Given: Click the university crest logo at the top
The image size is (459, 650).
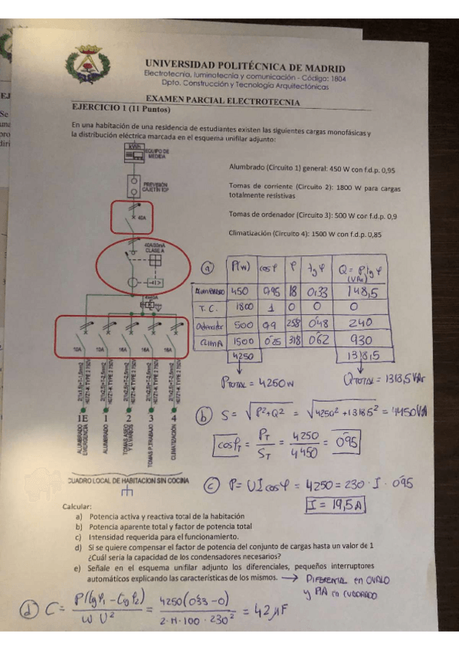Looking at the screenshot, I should pyautogui.click(x=87, y=66).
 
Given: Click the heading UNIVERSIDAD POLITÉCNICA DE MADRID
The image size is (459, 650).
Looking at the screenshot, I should pyautogui.click(x=244, y=67).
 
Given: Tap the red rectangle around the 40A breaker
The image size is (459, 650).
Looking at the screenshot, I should pyautogui.click(x=135, y=217).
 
